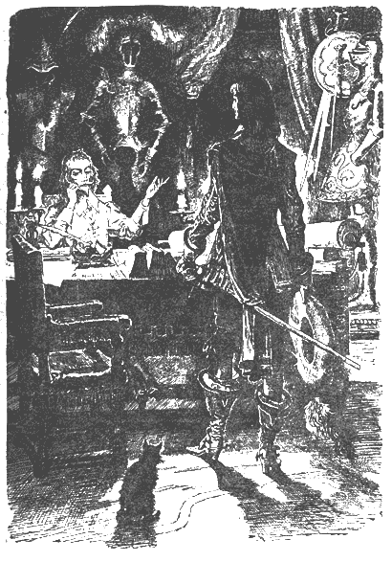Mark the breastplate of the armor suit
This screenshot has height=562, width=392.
[x=125, y=115]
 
